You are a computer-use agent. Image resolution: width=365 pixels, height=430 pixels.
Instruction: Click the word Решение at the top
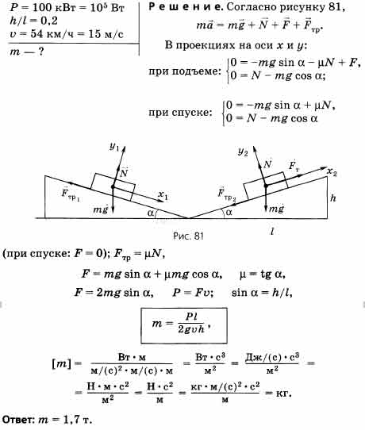[186, 7]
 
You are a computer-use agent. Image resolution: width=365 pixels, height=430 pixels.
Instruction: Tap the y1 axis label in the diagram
[114, 147]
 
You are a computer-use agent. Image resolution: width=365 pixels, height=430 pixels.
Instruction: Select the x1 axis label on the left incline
[163, 195]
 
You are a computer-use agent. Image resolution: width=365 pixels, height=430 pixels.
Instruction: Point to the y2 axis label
[243, 152]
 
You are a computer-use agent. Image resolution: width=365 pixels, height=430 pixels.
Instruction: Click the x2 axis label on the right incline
[332, 172]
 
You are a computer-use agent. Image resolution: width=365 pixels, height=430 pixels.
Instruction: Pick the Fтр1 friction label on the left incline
[71, 194]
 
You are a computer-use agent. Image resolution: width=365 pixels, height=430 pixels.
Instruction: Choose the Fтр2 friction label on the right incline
[227, 194]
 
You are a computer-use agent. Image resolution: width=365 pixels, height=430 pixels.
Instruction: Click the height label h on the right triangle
[333, 198]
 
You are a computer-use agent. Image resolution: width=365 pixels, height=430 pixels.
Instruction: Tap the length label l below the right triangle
[271, 232]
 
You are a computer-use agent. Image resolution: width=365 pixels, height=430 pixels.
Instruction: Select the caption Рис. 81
[188, 236]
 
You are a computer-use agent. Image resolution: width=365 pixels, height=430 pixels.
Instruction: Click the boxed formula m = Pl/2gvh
[184, 325]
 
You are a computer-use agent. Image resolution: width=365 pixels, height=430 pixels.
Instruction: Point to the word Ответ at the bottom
[18, 420]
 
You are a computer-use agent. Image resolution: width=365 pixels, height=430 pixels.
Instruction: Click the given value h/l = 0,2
[33, 21]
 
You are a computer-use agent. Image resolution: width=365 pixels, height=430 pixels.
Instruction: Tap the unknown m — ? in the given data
[27, 52]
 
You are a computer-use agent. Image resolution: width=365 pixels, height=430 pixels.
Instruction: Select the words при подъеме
[185, 71]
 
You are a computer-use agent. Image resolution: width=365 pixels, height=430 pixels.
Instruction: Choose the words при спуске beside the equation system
[180, 113]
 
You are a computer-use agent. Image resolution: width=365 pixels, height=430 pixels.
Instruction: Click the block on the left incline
[113, 187]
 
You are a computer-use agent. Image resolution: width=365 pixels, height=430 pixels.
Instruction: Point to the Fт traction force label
[294, 166]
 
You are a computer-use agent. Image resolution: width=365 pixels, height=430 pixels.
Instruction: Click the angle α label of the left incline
[151, 213]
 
